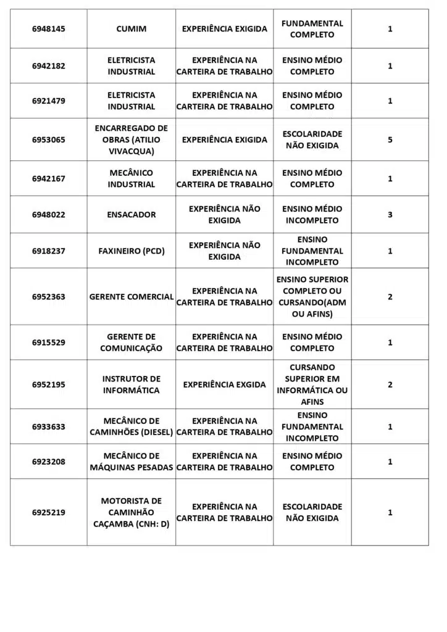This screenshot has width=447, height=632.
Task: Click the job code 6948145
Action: (48, 29)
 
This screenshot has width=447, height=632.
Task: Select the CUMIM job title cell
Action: (131, 29)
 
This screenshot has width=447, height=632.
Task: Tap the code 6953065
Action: (48, 139)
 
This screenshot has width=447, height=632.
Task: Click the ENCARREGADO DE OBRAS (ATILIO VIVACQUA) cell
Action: (131, 139)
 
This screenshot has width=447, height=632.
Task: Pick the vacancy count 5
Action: (390, 139)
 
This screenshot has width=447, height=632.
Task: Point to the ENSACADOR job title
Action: (131, 215)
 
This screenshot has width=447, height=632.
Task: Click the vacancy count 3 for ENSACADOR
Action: (390, 215)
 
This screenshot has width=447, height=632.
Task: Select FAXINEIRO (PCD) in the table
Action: (131, 251)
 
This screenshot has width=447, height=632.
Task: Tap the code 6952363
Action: (48, 297)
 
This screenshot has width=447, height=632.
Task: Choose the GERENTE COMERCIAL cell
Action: (131, 297)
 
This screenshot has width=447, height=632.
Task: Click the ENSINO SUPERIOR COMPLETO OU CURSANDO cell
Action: (312, 297)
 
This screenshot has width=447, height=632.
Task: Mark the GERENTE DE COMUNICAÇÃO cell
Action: (131, 343)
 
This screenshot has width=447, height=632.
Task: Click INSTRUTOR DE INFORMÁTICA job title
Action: (131, 385)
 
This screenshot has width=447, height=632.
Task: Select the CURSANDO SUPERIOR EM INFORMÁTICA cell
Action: (312, 385)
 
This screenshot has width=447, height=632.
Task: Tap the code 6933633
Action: (48, 426)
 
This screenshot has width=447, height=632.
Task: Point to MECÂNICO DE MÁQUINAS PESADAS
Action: (131, 462)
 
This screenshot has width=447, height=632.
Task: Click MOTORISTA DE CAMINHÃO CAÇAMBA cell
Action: (131, 512)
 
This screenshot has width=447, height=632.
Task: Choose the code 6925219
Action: (48, 512)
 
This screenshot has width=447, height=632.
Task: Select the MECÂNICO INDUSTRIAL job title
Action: (131, 178)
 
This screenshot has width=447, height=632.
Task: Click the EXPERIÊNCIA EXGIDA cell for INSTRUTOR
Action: (224, 385)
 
